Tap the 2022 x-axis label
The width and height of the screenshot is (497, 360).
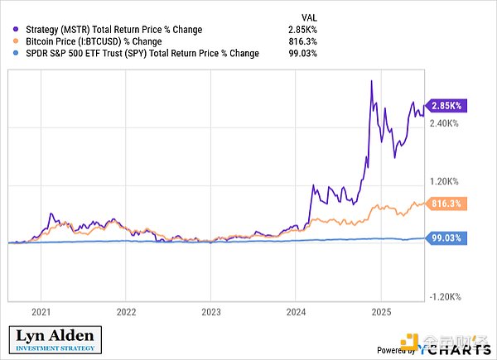tap(126, 312)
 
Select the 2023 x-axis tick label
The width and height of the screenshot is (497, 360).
tap(210, 312)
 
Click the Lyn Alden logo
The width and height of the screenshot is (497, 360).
tap(55, 340)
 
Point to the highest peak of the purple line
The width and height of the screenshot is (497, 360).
tap(370, 80)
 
